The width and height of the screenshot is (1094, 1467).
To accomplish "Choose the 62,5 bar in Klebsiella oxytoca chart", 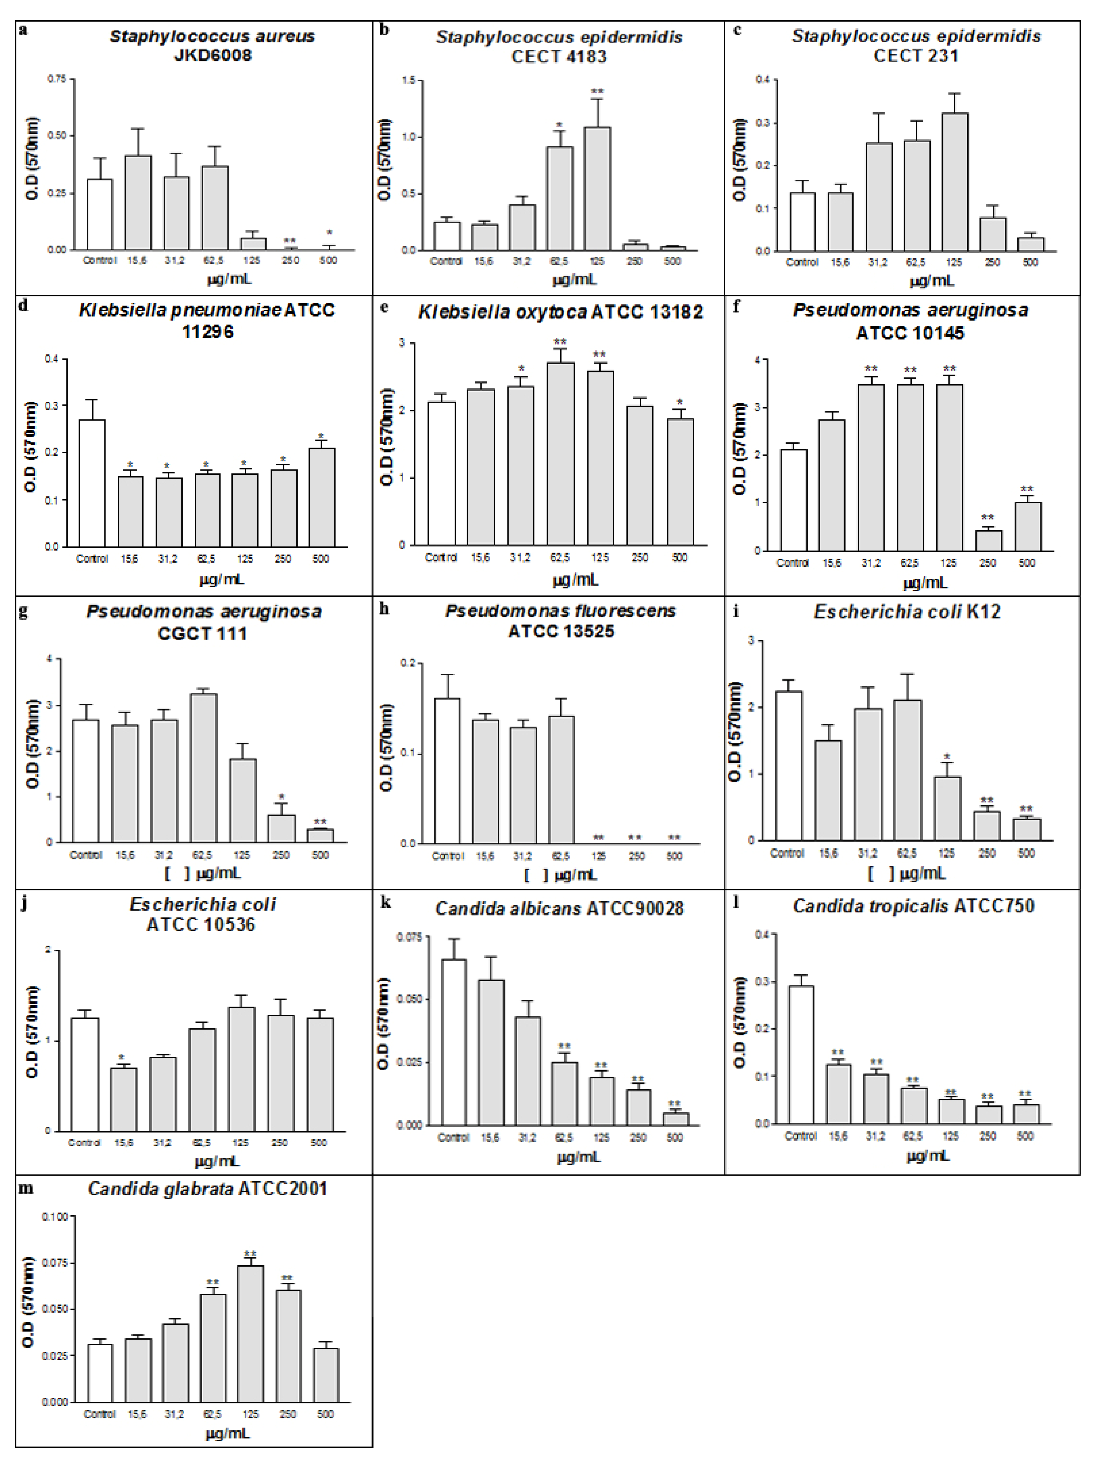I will (x=560, y=454).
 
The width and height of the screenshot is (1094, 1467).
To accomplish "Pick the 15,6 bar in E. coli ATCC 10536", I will (x=123, y=1099).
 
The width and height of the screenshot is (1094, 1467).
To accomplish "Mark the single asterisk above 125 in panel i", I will (x=947, y=757).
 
